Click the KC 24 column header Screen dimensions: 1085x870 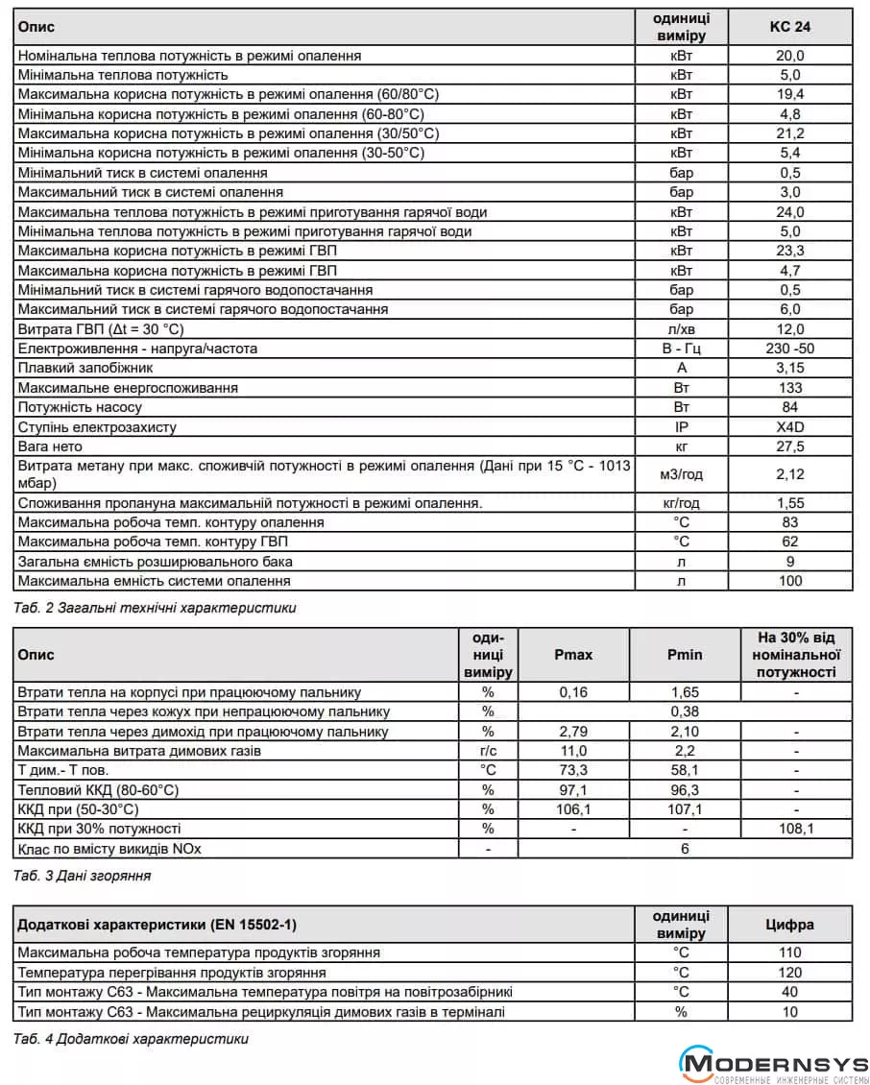[789, 27]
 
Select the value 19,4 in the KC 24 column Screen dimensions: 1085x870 [789, 94]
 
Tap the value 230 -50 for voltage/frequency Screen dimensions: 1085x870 [789, 349]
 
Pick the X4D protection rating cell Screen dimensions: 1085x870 [789, 427]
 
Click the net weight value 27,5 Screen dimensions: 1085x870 [789, 446]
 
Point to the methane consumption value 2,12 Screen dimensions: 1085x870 [789, 474]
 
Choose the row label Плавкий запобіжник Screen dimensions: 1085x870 [85, 368]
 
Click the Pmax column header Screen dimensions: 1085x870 [573, 655]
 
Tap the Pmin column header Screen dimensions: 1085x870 [685, 655]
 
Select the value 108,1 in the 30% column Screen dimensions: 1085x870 [796, 829]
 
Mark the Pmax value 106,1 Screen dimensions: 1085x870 [573, 809]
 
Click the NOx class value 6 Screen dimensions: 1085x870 [685, 849]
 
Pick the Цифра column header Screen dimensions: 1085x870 [789, 926]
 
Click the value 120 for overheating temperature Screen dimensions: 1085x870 [789, 973]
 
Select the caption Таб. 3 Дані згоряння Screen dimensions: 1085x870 [83, 876]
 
